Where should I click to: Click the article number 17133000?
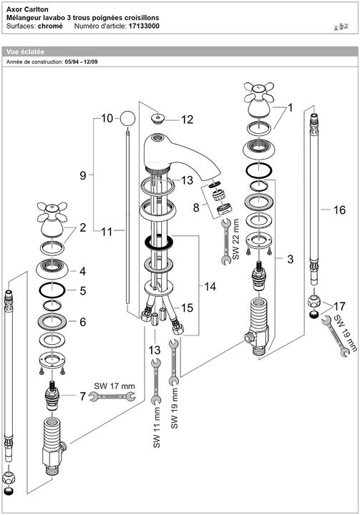(144, 26)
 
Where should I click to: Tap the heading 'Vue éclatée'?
(25, 51)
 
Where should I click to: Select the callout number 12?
(187, 119)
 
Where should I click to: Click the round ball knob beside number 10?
(127, 119)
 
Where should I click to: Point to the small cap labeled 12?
(157, 118)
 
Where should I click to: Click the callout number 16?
(339, 210)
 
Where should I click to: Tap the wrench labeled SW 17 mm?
(112, 397)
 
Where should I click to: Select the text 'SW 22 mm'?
(235, 239)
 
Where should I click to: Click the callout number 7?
(82, 396)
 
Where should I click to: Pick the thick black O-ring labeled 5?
(52, 290)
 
